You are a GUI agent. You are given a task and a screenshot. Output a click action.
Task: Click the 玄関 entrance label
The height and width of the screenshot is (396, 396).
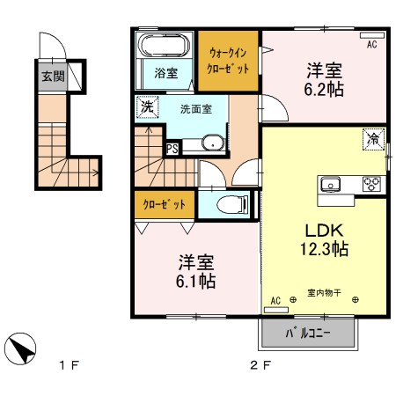tap(52, 76)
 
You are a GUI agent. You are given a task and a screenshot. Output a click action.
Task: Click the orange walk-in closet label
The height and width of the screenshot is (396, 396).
tap(228, 60)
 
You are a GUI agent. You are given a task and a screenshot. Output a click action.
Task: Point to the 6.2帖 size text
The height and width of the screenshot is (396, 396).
tap(325, 89)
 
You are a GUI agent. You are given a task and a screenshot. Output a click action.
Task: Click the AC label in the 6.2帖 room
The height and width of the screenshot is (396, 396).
tap(371, 43)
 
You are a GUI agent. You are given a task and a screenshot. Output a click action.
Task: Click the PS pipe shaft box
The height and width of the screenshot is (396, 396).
tap(173, 148)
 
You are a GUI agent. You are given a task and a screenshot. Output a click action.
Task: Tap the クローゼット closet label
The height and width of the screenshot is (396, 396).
tap(165, 204)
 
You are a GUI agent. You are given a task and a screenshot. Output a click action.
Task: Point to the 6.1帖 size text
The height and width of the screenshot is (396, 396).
tap(195, 282)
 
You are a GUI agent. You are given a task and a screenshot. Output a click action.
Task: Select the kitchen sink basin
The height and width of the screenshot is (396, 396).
tap(332, 185)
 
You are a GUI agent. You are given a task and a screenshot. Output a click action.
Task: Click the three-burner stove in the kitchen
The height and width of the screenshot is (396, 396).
tap(370, 185)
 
